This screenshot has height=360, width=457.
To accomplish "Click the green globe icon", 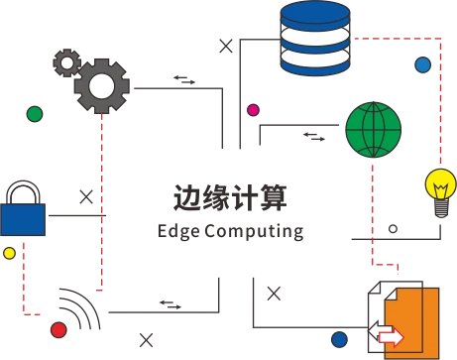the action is click(374, 130).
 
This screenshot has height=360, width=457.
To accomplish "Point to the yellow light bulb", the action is click(441, 192).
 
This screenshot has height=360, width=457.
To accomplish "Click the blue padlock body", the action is click(23, 219).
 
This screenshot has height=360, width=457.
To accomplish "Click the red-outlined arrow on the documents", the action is click(392, 337).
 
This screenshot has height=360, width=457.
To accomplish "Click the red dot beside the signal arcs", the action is click(58, 329).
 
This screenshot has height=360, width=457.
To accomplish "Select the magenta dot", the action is click(254, 110).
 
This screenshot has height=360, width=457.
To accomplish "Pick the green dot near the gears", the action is click(35, 114).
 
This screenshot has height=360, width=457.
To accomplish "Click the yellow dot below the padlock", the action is click(9, 253).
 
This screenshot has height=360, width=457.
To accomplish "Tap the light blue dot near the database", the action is click(423, 64).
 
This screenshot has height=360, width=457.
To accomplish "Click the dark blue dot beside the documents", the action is click(339, 339).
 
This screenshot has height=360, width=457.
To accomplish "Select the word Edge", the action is click(178, 232).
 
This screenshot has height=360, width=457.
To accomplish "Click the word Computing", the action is click(254, 232).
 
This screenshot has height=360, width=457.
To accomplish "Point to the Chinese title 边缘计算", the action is click(230, 197).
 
